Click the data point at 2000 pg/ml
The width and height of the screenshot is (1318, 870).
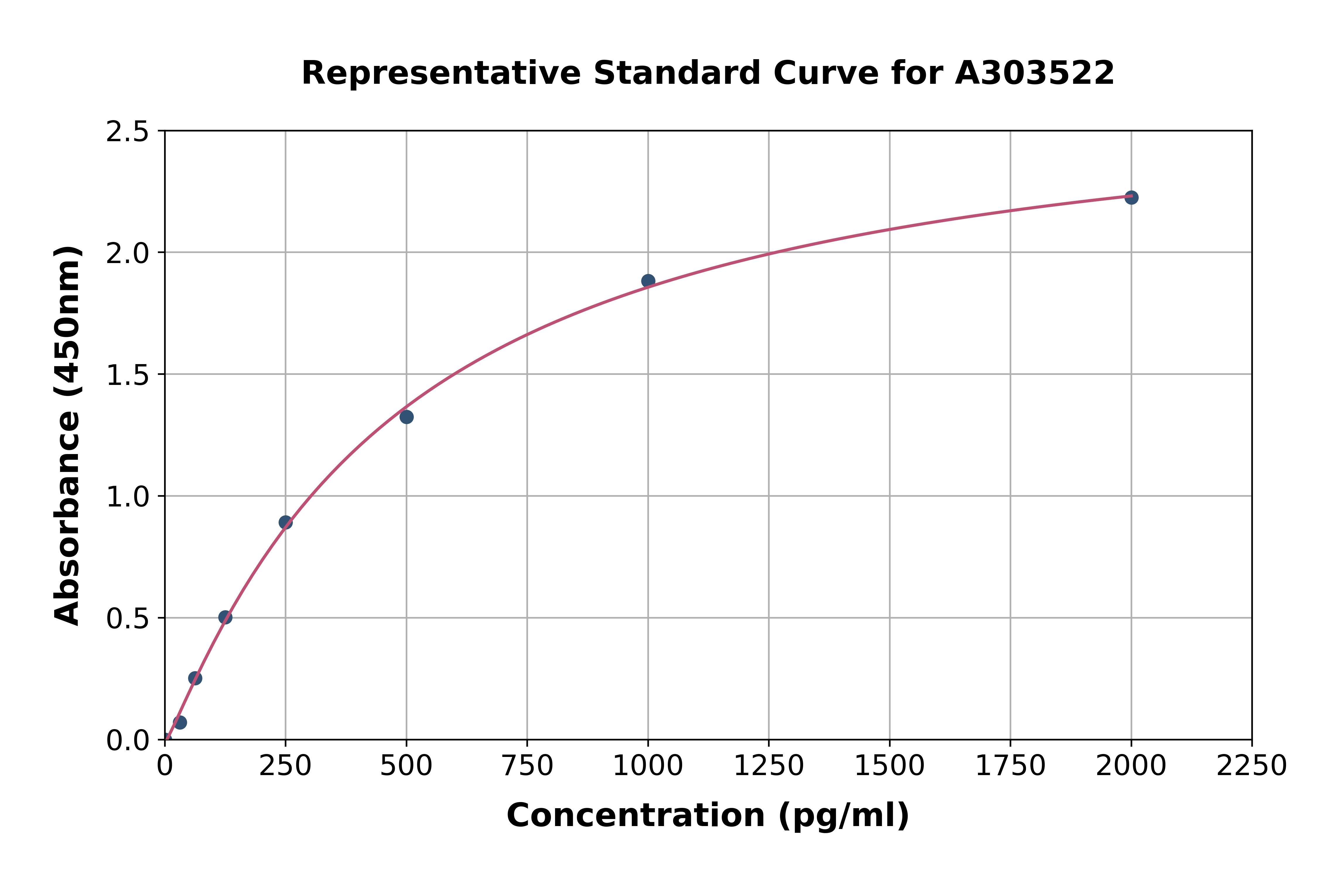1131,197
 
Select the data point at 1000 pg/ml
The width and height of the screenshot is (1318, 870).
648,281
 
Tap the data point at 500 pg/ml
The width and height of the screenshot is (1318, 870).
407,417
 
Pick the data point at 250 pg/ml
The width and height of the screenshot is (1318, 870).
286,522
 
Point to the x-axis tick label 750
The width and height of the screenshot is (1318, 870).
527,766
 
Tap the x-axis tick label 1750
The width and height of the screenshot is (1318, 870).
1010,766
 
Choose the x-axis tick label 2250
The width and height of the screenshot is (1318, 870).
1252,766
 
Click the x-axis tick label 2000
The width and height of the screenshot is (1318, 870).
1131,766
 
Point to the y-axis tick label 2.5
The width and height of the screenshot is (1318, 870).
128,132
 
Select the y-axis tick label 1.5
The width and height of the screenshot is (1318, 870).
128,375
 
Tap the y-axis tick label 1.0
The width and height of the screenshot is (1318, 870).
128,497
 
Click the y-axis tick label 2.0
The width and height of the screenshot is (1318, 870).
128,254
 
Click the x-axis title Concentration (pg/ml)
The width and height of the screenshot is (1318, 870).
708,816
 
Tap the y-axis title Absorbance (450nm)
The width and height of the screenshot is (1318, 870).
68,436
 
